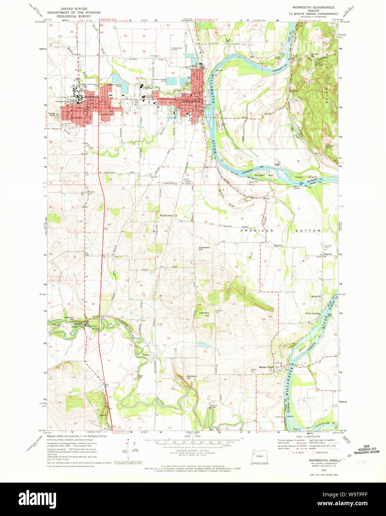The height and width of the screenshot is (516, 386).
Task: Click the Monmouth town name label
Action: pyautogui.click(x=91, y=97)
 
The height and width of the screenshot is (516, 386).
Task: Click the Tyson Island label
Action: pyautogui.click(x=306, y=177)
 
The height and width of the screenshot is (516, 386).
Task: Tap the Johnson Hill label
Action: pyautogui.click(x=204, y=314)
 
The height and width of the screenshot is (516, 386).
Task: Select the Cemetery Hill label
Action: pyautogui.click(x=204, y=248)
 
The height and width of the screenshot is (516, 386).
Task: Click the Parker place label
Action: pyautogui.click(x=145, y=355)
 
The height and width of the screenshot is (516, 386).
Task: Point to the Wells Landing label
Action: pyautogui.click(x=313, y=313)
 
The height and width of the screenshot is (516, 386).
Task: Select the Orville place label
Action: pyautogui.click(x=294, y=91)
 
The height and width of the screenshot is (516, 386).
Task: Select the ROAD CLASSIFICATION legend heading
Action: pyautogui.click(x=307, y=437)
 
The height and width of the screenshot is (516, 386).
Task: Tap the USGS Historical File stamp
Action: pyautogui.click(x=366, y=450)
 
